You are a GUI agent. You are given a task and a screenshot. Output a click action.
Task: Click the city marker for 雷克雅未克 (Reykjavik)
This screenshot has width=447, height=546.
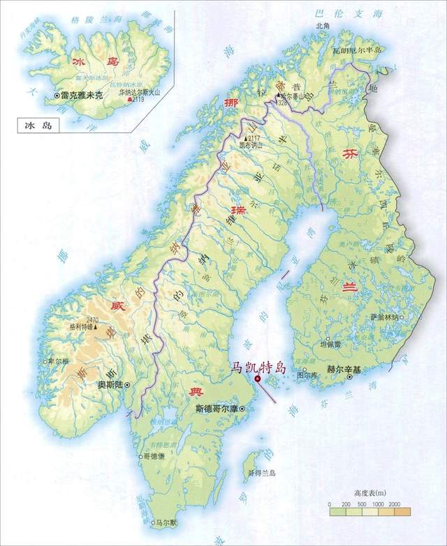(57, 94)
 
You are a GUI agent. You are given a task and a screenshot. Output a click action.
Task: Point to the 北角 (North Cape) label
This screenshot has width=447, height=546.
(322, 26)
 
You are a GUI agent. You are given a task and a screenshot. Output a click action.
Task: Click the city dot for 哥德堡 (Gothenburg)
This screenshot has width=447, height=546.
(141, 456)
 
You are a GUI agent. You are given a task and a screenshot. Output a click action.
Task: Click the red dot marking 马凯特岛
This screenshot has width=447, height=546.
(258, 379)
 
